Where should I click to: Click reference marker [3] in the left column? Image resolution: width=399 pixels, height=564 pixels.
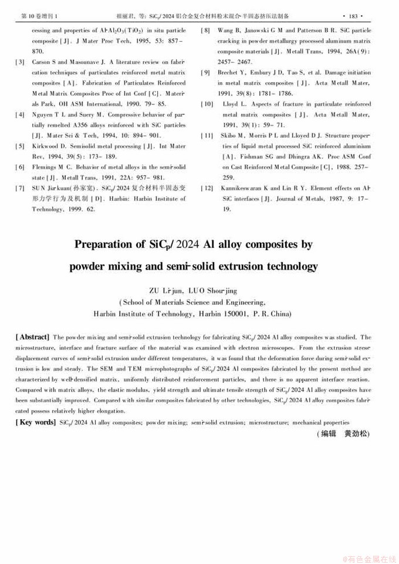pos(20,61)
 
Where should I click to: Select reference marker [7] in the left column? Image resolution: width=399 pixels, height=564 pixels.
pos(20,188)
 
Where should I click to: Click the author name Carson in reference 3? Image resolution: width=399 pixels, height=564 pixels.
pos(42,61)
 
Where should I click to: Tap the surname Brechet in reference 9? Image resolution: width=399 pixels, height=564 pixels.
pos(232,72)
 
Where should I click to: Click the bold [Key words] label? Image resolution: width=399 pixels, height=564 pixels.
pos(35,422)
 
